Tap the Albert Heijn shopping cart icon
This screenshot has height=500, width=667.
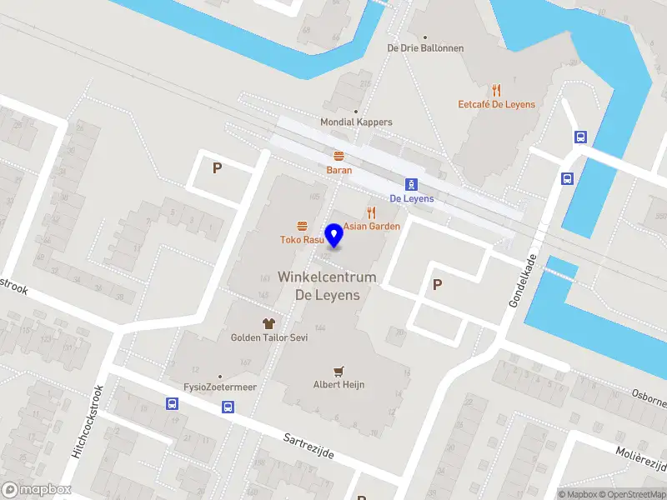point(339,371)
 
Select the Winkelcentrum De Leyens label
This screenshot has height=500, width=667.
point(327,286)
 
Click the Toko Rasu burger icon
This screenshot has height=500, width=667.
point(302,226)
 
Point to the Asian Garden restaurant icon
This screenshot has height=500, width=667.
point(372,212)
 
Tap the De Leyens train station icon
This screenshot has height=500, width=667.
point(411,185)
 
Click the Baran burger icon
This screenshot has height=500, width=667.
point(339,156)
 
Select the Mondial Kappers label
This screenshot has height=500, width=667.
point(356,122)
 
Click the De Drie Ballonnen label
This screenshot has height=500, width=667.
point(425,48)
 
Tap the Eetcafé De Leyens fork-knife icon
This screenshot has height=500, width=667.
point(497,90)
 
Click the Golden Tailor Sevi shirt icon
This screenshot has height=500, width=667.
point(269,323)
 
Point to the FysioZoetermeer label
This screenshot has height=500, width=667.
point(220,387)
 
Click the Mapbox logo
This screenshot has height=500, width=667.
point(35,490)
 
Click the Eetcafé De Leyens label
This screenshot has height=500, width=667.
point(497,105)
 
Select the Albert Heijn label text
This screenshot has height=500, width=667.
point(339,385)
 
